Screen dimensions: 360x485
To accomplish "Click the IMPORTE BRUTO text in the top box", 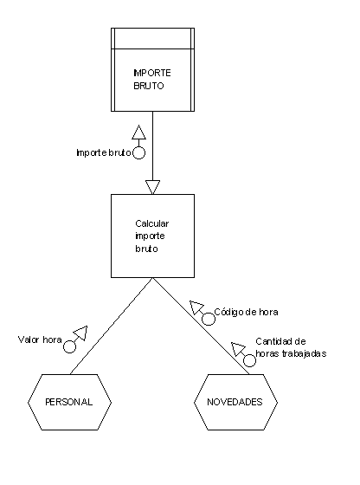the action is [x=152, y=79].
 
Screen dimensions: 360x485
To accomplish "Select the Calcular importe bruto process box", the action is [x=152, y=236].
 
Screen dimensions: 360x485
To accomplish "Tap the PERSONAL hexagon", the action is [x=69, y=402].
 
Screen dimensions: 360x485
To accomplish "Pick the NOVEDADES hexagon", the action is [x=235, y=402].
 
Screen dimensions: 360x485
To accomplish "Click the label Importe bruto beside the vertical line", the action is [x=104, y=152].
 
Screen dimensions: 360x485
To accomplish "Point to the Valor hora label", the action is [x=40, y=339].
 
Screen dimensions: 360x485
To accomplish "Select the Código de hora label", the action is [x=247, y=312].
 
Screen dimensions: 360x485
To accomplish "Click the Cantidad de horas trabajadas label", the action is [x=291, y=347].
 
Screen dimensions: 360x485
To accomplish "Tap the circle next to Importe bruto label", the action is [x=139, y=152].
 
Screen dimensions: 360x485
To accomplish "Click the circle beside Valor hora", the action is [x=69, y=346].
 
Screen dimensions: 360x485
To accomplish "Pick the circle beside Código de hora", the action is [x=209, y=319].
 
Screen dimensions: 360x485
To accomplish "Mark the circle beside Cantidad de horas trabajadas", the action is [x=249, y=360].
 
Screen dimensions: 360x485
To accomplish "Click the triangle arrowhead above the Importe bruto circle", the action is [x=138, y=133].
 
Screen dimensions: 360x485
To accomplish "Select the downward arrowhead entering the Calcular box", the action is [x=152, y=187].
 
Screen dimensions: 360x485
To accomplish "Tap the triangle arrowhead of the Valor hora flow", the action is [x=81, y=333].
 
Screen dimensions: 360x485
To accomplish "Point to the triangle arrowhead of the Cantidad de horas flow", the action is [x=237, y=348].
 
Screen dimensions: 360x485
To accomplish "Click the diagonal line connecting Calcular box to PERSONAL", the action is [x=112, y=326].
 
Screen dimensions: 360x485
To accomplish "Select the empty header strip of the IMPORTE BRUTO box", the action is [x=152, y=38].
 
